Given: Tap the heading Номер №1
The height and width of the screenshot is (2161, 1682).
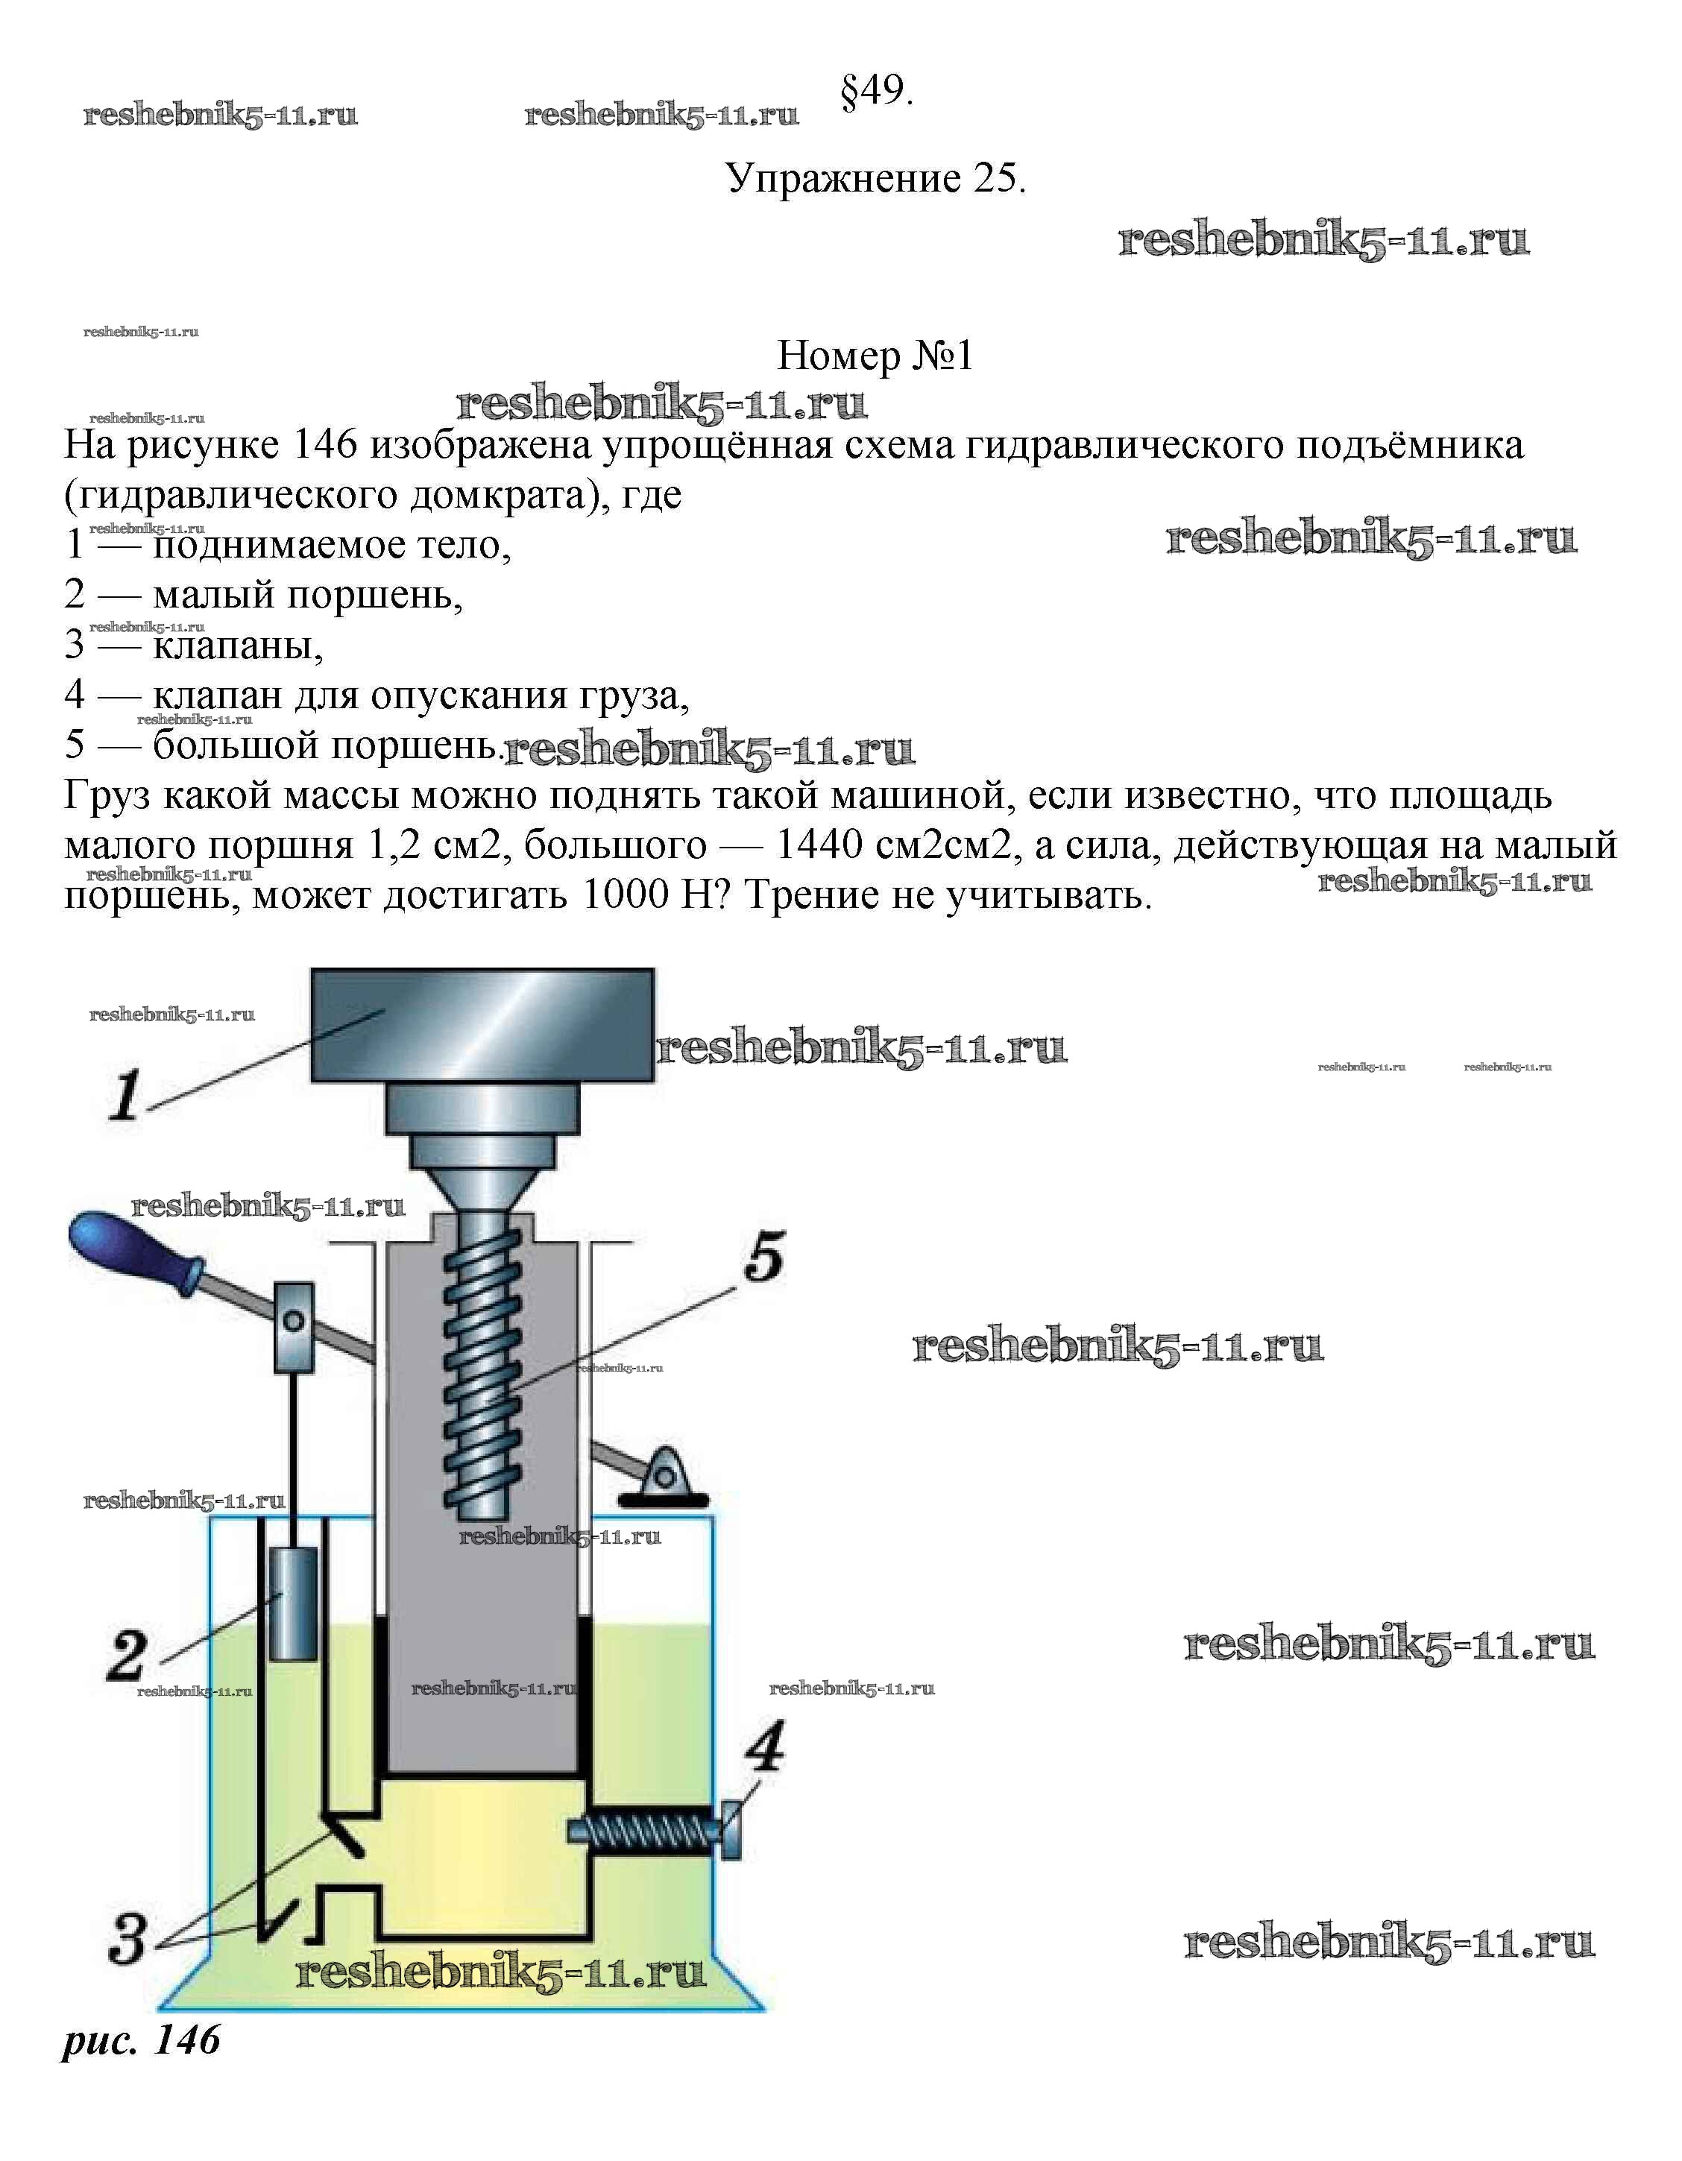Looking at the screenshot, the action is click(x=875, y=356).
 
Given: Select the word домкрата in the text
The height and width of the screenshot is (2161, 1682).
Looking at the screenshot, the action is click(x=499, y=495).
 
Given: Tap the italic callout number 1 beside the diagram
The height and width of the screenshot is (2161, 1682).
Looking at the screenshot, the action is click(x=125, y=1097).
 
